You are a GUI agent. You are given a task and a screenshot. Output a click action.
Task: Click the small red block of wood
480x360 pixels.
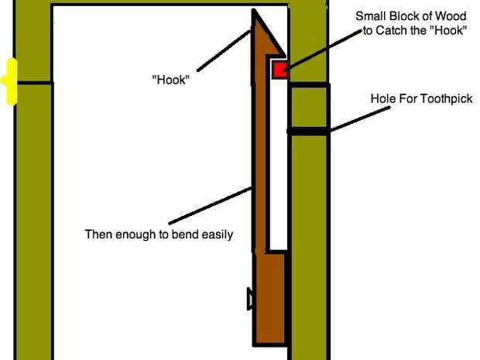279,70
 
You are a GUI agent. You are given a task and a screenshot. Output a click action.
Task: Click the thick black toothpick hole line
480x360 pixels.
308,132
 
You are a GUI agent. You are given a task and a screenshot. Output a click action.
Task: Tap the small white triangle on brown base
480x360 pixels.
249,299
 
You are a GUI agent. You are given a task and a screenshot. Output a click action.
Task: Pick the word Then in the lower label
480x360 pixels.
98,233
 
